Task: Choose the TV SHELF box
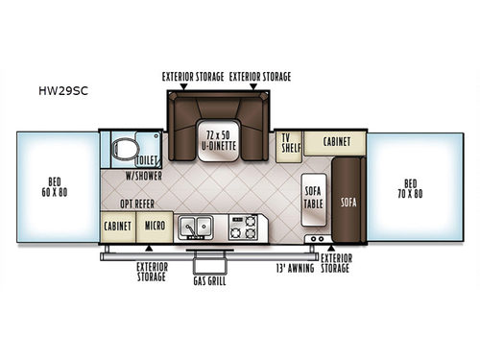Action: coord(288,143)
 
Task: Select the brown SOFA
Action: coord(348,202)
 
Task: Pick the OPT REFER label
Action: coord(137,204)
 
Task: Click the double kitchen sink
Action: coord(200,228)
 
